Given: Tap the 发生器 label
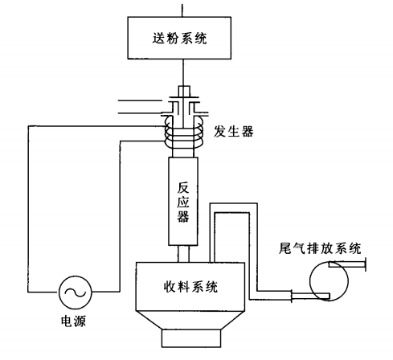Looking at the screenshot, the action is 233,132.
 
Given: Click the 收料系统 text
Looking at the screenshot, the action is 190,287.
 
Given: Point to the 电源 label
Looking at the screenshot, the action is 73,321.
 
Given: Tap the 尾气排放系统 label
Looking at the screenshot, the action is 320,248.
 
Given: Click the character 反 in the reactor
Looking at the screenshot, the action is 183,188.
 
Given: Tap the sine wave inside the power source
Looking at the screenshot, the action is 76,292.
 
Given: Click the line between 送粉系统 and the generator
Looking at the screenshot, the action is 183,72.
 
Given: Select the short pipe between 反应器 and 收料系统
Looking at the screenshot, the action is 183,254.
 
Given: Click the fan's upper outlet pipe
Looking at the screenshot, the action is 347,264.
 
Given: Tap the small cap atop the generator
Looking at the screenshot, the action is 184,91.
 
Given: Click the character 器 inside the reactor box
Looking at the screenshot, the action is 183,216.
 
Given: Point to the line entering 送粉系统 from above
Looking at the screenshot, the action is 182,10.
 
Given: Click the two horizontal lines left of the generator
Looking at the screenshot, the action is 140,107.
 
